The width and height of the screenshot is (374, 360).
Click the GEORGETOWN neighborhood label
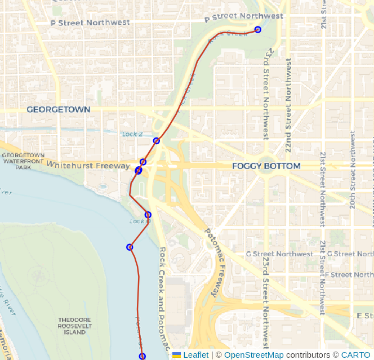click(58, 109)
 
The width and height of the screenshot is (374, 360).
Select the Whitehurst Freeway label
click(88, 165)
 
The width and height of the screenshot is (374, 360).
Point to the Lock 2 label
click(132, 134)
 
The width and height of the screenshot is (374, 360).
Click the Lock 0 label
click(140, 221)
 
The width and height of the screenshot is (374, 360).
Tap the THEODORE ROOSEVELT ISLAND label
click(74, 326)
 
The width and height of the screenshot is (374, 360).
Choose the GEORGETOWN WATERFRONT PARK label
click(23, 161)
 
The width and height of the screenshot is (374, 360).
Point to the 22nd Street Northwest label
click(288, 105)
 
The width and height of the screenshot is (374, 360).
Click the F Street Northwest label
click(349, 275)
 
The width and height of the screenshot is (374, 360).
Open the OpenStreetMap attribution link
click(253, 355)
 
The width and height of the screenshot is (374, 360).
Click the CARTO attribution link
click(355, 355)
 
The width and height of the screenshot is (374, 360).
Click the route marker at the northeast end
click(258, 30)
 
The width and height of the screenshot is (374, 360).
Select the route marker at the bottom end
click(143, 356)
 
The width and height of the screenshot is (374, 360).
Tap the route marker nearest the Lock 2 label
click(157, 141)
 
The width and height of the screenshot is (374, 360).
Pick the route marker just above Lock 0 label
click(148, 215)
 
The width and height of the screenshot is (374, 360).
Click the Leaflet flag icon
click(176, 355)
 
